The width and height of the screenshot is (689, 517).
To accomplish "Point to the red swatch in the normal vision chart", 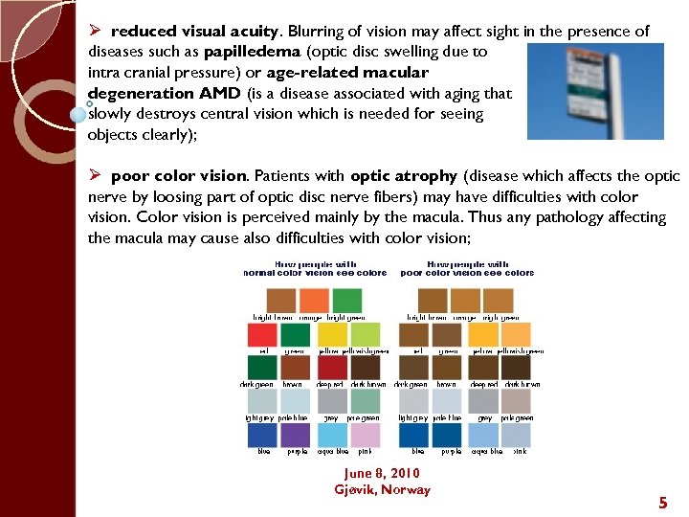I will click(x=262, y=334).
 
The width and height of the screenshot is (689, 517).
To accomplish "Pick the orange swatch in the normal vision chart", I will click(x=312, y=301).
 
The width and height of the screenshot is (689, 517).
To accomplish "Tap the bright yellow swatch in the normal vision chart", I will click(x=332, y=334).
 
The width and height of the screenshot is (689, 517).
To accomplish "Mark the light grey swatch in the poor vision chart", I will click(x=412, y=401).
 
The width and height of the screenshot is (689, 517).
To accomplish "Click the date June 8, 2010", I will click(x=382, y=473).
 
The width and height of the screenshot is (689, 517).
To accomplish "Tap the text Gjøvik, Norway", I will click(x=382, y=489).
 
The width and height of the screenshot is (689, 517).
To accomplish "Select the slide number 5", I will click(x=662, y=502).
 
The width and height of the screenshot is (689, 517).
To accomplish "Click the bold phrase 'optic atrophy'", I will click(x=404, y=176).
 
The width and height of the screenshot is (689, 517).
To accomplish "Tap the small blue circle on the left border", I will click(x=78, y=114).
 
